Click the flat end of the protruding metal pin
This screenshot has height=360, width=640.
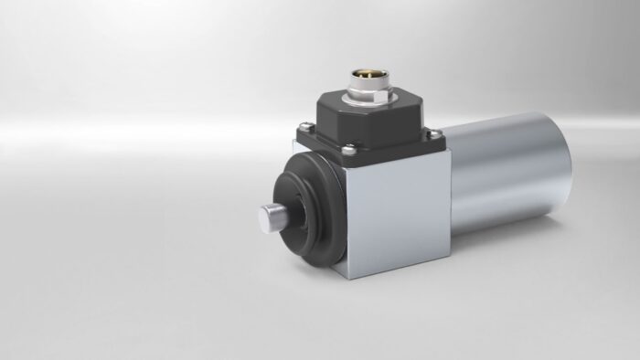[261, 221]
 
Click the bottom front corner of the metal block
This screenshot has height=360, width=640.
[350, 281]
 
